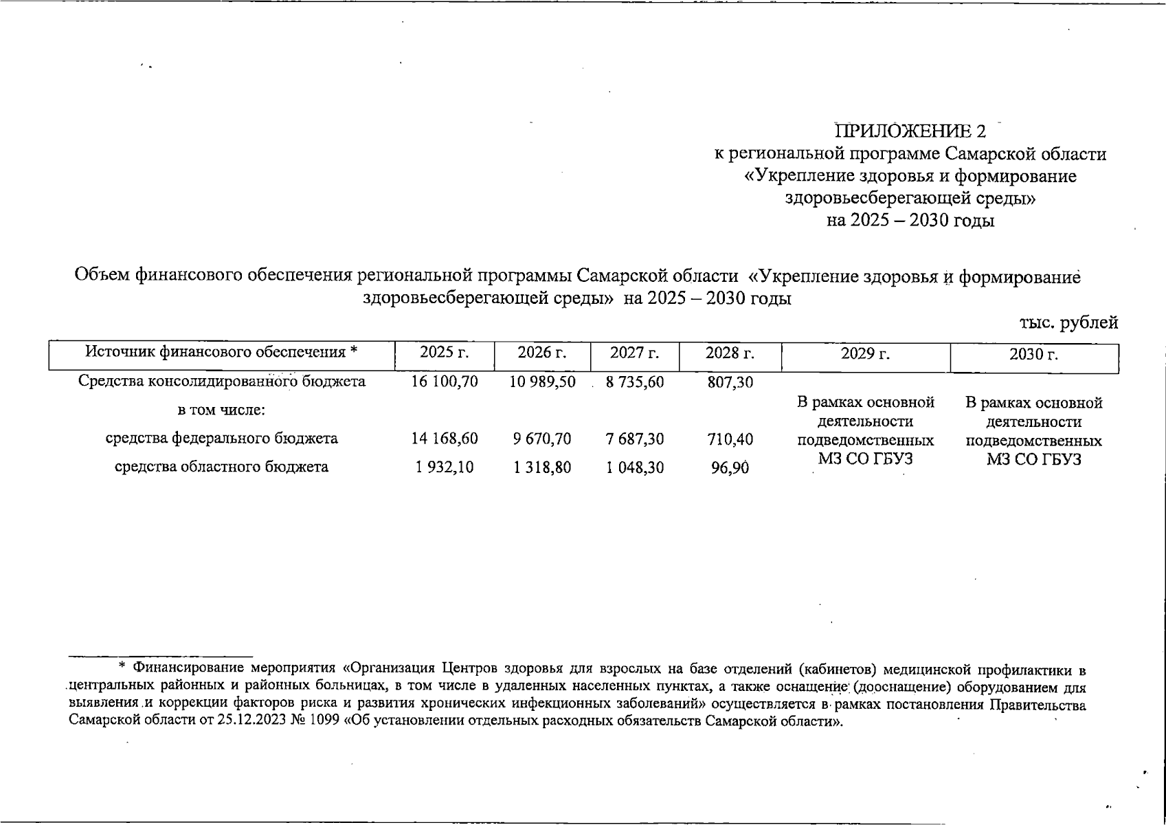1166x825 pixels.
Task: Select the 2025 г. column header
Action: (445, 353)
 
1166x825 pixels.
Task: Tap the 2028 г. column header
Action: (730, 353)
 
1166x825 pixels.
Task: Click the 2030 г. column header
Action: (1033, 355)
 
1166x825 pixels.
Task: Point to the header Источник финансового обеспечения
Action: (221, 353)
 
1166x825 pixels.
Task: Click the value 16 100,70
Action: (445, 382)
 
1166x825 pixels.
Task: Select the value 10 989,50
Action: (542, 382)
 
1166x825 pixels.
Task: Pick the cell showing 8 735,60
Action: (635, 382)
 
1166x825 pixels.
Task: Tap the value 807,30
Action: (730, 382)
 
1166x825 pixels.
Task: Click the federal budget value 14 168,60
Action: (445, 439)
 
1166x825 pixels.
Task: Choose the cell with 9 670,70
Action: (542, 439)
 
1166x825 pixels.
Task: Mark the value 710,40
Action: (730, 439)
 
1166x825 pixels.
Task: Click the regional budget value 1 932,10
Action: (445, 467)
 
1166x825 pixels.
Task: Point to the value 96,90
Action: (730, 468)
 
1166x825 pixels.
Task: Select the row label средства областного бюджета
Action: (221, 467)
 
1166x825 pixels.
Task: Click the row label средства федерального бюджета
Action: (221, 439)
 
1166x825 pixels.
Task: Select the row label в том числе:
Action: (221, 410)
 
